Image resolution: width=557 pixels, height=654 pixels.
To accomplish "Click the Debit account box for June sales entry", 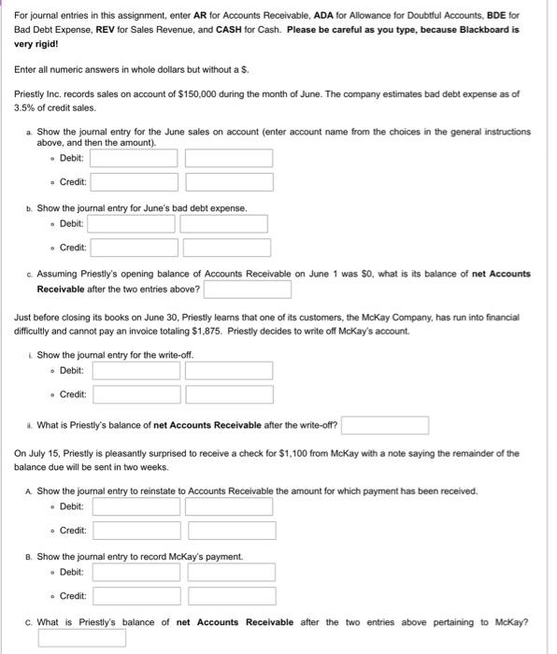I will click(134, 158).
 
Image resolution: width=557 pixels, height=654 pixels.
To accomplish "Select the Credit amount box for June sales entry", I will click(229, 182).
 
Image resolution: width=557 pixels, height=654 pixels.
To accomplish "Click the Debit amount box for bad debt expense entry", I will click(223, 224).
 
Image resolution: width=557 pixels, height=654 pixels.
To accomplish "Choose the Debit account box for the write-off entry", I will click(136, 370).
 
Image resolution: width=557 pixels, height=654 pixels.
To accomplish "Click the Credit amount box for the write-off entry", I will click(229, 394).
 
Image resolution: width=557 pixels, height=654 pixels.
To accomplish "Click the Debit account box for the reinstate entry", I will click(136, 506).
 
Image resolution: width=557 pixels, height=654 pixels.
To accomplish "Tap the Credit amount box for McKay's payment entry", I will click(232, 596).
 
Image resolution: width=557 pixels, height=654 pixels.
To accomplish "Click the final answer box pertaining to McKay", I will click(82, 639).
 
